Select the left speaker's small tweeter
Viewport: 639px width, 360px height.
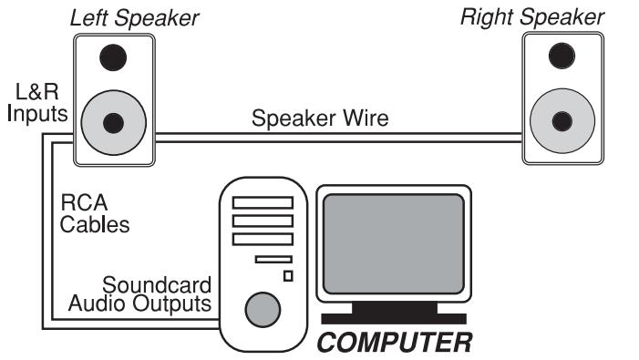[x=114, y=57]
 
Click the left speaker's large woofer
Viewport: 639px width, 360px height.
[x=114, y=122]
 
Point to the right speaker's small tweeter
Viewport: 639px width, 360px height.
[x=562, y=55]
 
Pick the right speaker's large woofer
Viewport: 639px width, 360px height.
[x=562, y=118]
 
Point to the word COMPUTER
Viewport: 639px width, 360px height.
[x=394, y=343]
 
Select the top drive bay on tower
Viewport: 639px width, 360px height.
[x=263, y=202]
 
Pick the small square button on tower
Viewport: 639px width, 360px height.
[x=288, y=275]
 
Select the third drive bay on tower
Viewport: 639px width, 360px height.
[x=263, y=240]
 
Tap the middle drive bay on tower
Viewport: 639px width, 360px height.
[x=263, y=221]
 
